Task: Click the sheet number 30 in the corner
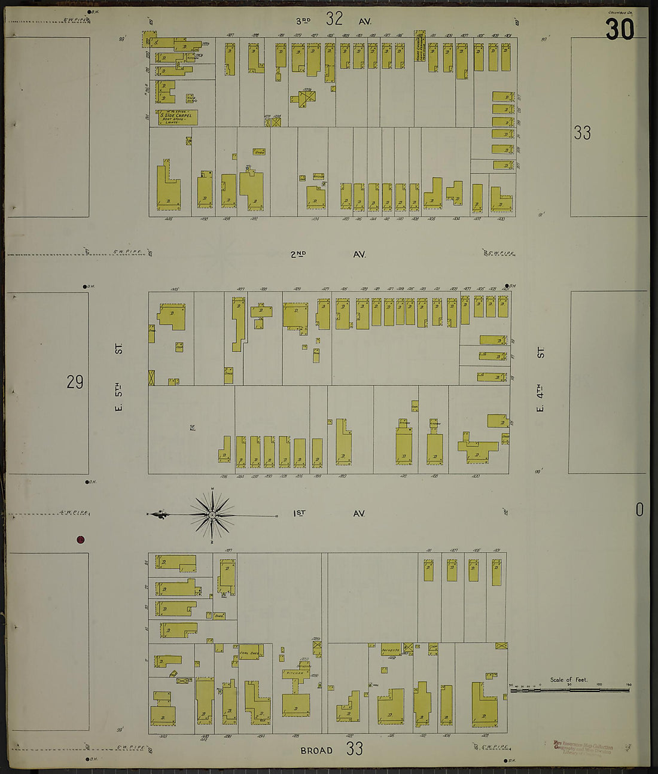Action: point(619,29)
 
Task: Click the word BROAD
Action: point(316,750)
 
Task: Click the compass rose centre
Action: point(212,514)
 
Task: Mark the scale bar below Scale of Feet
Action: point(569,690)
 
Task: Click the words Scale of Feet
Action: point(569,680)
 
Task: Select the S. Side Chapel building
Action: point(178,117)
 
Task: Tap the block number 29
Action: point(75,382)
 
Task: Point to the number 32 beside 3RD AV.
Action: point(334,19)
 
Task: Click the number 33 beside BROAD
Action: point(354,748)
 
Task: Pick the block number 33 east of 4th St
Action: point(582,133)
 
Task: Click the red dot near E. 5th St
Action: point(80,540)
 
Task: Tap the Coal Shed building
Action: point(249,654)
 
